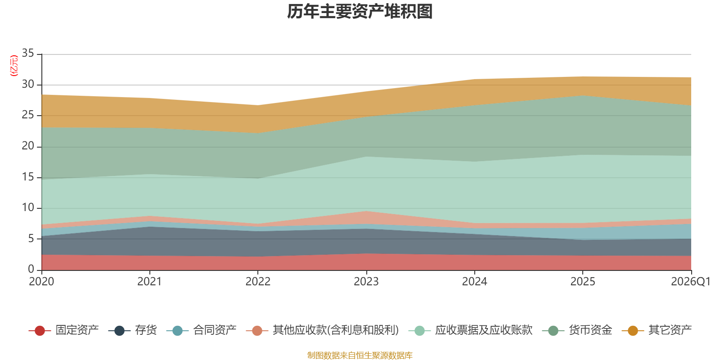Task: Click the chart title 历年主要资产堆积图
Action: (x=360, y=12)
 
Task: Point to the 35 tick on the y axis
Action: (x=28, y=54)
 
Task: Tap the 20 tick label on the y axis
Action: (x=28, y=146)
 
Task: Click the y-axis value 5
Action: (x=31, y=238)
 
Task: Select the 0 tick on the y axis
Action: (x=31, y=269)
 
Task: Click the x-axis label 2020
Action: (x=41, y=282)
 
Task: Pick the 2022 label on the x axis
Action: (x=258, y=282)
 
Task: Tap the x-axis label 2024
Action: (x=474, y=282)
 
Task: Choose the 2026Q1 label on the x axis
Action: (x=690, y=282)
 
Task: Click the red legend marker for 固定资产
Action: (x=40, y=331)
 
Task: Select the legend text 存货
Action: (x=146, y=330)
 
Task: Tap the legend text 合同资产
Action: (x=215, y=330)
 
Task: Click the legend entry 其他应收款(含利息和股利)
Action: (x=336, y=330)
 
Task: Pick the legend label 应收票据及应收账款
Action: (x=483, y=330)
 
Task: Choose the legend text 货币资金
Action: (x=590, y=330)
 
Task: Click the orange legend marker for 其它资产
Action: (x=633, y=331)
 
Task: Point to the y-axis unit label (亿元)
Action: (x=14, y=66)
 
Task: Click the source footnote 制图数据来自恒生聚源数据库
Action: (x=360, y=355)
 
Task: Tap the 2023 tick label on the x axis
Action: (x=366, y=282)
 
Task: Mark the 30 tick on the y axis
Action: (x=28, y=84)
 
